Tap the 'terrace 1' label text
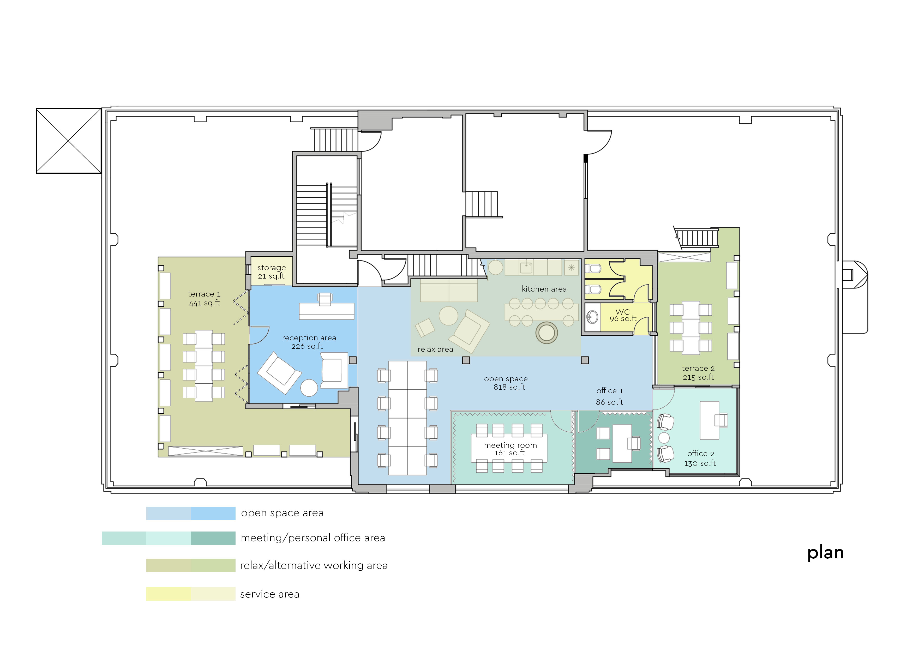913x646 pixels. coord(204,294)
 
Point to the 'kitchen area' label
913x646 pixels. coord(544,289)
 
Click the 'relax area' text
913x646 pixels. coord(435,349)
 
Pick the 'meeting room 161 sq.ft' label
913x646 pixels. coord(510,449)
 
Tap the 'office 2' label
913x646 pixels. coord(701,454)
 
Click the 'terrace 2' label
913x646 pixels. coord(698,368)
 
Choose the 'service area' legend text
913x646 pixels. coord(270,594)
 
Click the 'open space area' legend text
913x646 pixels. coord(282,513)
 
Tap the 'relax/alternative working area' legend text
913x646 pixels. coord(314,566)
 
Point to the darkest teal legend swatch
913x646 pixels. coord(213,538)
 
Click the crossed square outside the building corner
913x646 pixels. coord(68,141)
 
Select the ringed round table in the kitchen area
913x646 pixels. coord(546,333)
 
